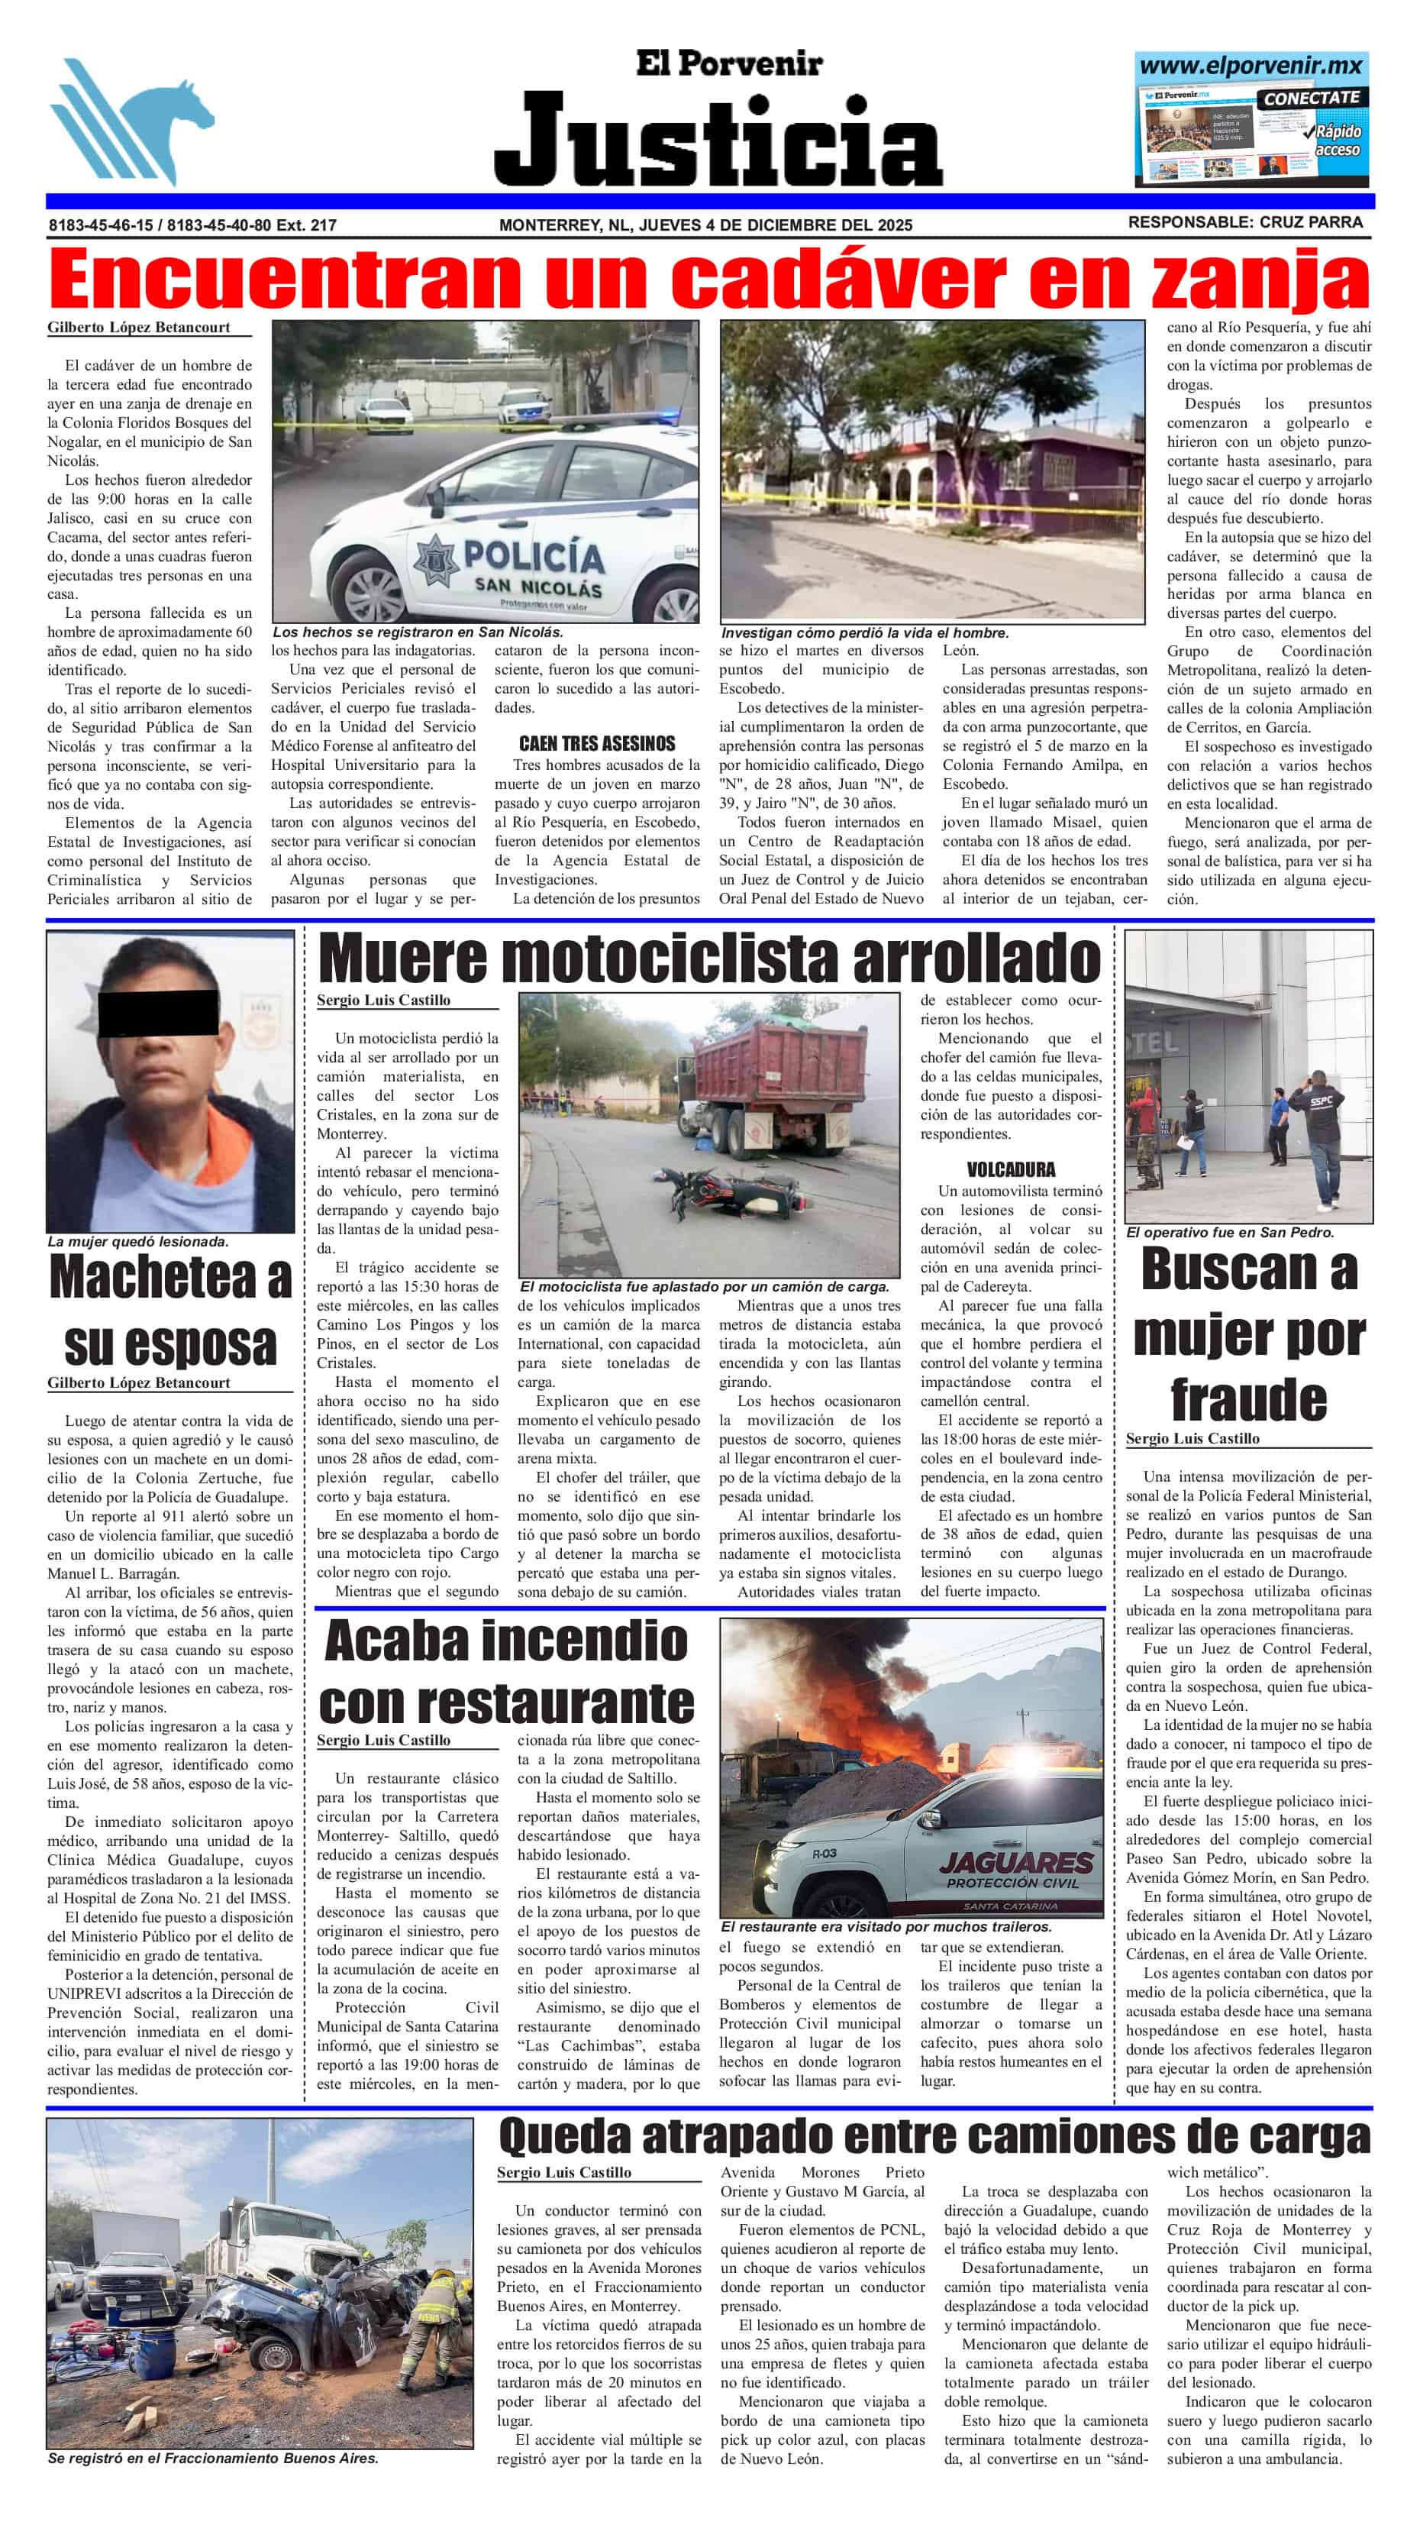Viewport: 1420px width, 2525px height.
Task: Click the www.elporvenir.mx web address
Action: (x=1251, y=66)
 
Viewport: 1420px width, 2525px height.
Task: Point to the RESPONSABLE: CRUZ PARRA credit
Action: (x=1244, y=222)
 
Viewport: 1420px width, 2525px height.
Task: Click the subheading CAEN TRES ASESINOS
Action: (x=597, y=743)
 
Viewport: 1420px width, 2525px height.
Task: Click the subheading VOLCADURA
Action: (x=1010, y=1169)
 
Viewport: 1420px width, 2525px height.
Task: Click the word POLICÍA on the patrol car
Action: (x=534, y=556)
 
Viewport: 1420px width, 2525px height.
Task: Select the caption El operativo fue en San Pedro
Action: (x=1230, y=1232)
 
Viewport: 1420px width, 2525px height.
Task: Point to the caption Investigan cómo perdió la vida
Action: (x=864, y=633)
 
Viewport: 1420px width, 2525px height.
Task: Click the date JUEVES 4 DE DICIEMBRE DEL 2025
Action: (x=775, y=225)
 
